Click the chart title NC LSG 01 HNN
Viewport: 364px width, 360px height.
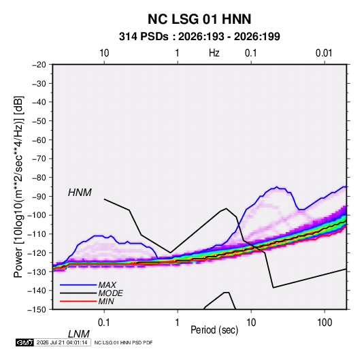(199, 19)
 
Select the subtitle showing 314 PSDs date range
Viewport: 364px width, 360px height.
(199, 37)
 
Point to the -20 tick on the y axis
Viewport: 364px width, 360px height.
(39, 65)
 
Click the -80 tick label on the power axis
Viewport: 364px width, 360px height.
(39, 178)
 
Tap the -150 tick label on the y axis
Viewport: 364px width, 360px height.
(37, 310)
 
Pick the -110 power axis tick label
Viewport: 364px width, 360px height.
(37, 234)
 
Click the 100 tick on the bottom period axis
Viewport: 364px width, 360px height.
(325, 323)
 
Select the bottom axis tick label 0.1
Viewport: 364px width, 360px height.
(104, 323)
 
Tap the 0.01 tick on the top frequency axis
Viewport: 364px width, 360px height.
(324, 53)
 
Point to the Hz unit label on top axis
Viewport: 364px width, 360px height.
(214, 53)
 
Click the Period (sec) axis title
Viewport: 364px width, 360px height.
(214, 330)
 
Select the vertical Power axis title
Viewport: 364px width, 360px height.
(18, 186)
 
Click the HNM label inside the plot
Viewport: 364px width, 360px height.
(80, 193)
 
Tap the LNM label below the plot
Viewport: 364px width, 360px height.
(78, 334)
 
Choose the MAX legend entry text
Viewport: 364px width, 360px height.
(107, 285)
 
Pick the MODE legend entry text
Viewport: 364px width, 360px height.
(110, 293)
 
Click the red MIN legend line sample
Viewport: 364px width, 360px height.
(78, 301)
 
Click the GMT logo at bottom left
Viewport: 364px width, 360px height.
(24, 342)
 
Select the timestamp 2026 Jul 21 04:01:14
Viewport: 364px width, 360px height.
(62, 342)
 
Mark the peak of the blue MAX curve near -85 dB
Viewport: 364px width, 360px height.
(277, 186)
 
